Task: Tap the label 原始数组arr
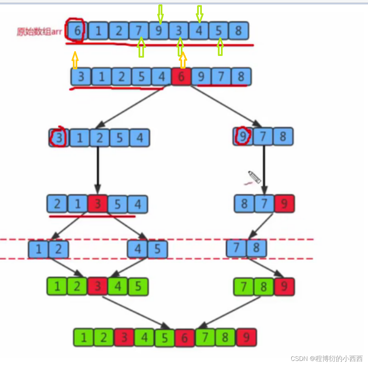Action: [x=39, y=32]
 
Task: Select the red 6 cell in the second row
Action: [x=181, y=77]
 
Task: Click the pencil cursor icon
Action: [x=254, y=177]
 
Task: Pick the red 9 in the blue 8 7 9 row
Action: [x=284, y=204]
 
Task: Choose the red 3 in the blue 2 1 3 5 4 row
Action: [x=97, y=204]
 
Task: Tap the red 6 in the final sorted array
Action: [x=185, y=338]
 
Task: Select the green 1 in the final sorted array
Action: [x=83, y=338]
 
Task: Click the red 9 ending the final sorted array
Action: [x=246, y=337]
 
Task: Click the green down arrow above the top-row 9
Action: [x=160, y=13]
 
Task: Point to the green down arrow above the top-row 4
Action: [x=199, y=14]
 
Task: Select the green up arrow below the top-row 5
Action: [x=220, y=47]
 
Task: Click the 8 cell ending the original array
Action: [x=238, y=31]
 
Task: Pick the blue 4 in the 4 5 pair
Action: [x=138, y=249]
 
